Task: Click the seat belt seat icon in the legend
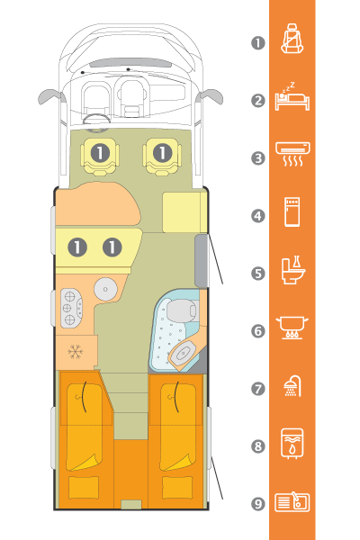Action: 292,39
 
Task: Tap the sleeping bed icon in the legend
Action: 292,97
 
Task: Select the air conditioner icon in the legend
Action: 292,154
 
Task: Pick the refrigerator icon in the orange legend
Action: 292,211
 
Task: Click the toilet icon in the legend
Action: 292,270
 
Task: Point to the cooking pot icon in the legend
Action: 292,328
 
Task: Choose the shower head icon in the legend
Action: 292,386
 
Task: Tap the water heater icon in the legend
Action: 292,444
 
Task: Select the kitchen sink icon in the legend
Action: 292,502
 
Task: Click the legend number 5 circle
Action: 258,274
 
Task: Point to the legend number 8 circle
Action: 258,446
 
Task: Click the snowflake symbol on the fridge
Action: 75,352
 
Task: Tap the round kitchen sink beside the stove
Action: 105,289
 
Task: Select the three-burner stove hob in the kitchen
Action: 72,308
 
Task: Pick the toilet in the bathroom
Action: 182,310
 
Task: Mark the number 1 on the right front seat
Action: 162,153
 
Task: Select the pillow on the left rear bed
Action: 84,487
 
